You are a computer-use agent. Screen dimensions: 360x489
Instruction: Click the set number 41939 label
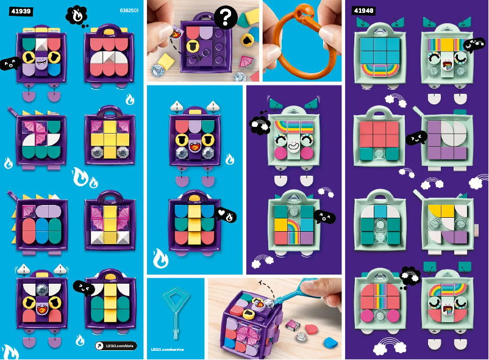point(20,11)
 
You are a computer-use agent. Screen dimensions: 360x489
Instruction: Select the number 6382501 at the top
point(127,11)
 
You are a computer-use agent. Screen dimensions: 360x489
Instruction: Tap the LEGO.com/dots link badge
point(115,345)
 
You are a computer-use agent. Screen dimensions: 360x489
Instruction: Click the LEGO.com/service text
point(167,350)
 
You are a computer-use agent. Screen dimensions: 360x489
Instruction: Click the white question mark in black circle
point(225,18)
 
